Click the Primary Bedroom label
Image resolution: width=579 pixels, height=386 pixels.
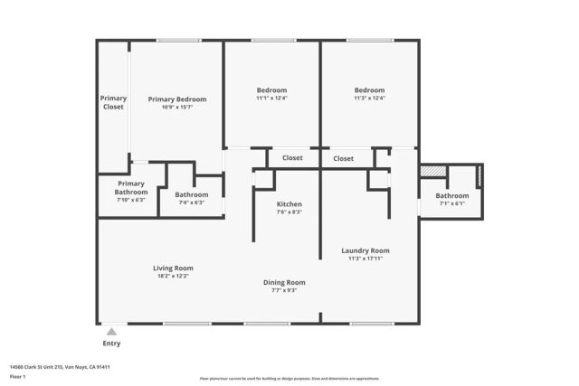tap(177, 99)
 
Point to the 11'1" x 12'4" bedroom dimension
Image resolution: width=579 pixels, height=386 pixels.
tap(271, 98)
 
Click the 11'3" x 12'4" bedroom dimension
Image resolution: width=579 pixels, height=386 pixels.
tap(369, 98)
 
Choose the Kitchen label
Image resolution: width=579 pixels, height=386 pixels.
tap(289, 203)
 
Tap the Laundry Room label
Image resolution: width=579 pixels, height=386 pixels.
tap(365, 250)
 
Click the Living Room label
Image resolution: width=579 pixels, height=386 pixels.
tap(172, 268)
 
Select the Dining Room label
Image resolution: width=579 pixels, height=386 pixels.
tap(284, 282)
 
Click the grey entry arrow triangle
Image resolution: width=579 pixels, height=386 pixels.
tap(111, 332)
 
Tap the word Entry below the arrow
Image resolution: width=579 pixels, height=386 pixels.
tap(111, 344)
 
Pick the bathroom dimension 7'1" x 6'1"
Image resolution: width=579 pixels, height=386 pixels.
tap(451, 203)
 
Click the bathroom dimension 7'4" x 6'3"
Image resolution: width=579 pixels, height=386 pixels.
tap(191, 202)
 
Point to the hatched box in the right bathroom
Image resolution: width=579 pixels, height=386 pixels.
tap(433, 172)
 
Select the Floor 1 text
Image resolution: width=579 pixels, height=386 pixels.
tap(17, 376)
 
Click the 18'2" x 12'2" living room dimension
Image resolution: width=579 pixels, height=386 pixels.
tap(172, 276)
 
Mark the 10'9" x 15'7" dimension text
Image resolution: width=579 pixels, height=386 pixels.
tap(177, 108)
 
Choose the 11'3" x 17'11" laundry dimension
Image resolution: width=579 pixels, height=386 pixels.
tap(365, 259)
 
